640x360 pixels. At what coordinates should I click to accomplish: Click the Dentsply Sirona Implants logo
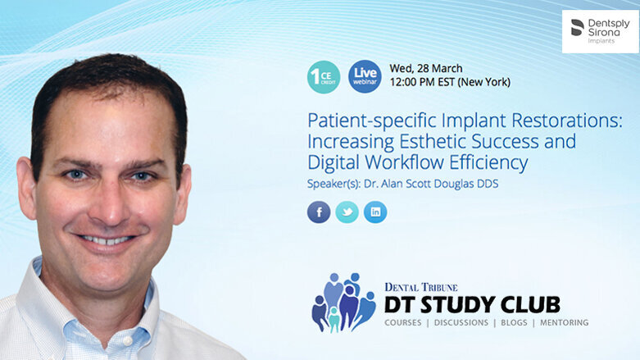[600, 31]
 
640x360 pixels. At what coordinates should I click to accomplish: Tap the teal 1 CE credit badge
[324, 76]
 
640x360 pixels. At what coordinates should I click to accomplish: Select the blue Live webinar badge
[365, 76]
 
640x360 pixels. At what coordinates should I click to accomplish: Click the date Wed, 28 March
[426, 68]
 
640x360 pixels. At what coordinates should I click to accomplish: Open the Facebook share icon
[319, 212]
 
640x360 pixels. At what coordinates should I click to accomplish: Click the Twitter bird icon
[347, 212]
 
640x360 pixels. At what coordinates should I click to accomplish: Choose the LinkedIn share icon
[375, 212]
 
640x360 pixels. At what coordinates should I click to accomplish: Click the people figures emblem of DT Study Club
[343, 302]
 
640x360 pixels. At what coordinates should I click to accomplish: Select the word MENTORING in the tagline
[564, 323]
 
